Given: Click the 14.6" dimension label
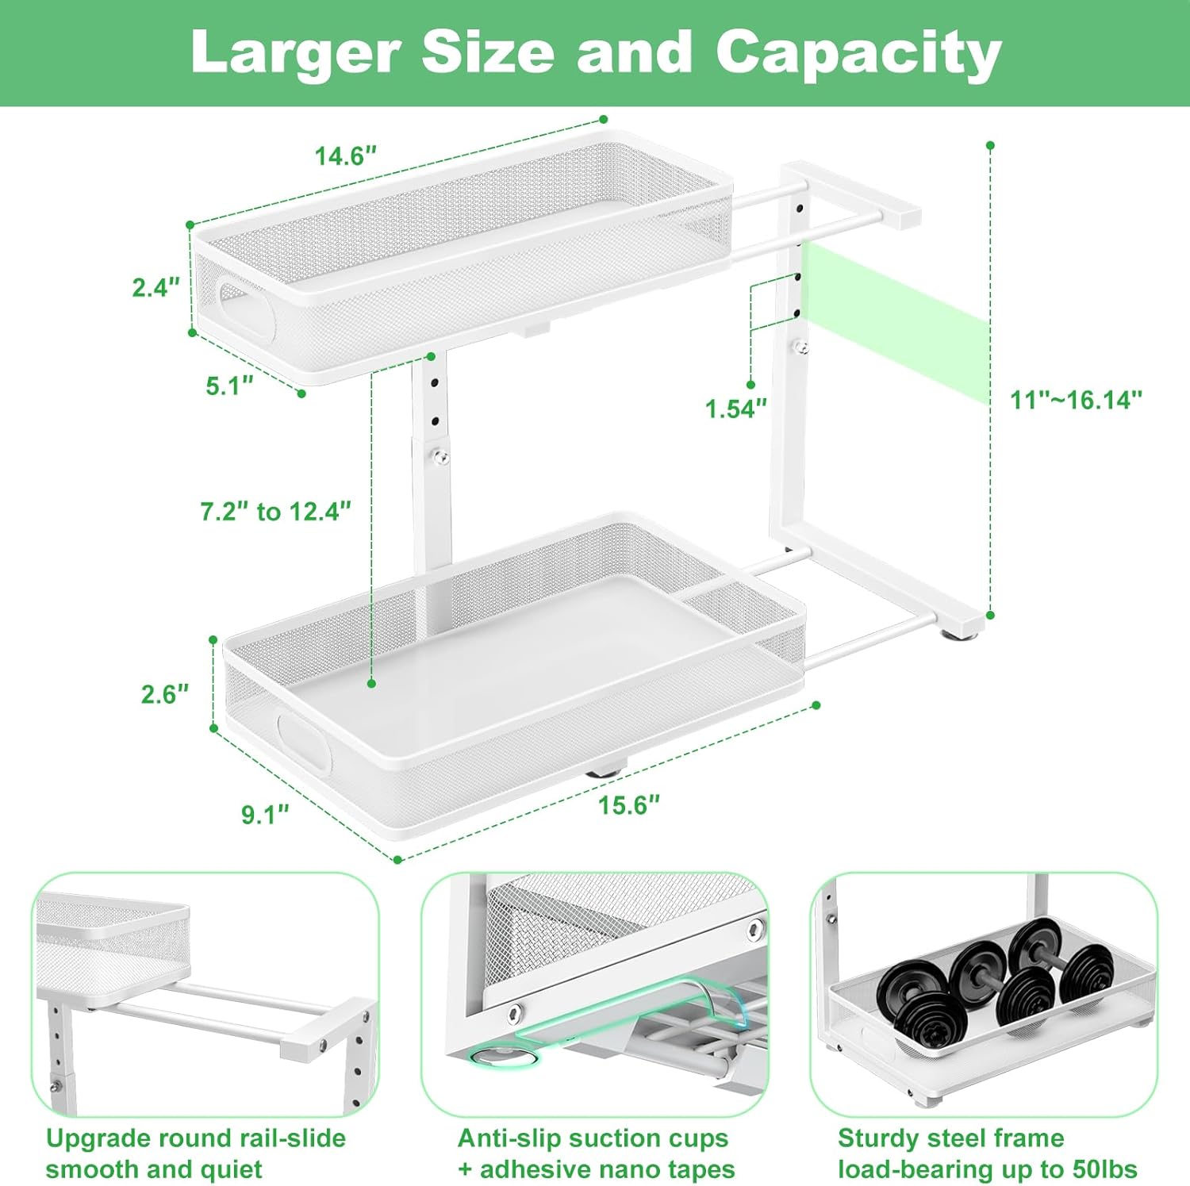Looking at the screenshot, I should pyautogui.click(x=345, y=156).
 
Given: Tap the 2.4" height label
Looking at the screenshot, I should pyautogui.click(x=156, y=287).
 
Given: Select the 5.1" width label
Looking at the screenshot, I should pyautogui.click(x=229, y=386).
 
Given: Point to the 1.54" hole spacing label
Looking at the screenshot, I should pyautogui.click(x=735, y=409).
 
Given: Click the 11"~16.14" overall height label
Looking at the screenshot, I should pyautogui.click(x=1075, y=400).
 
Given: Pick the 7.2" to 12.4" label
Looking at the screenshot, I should pyautogui.click(x=275, y=512).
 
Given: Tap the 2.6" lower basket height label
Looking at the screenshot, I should pyautogui.click(x=165, y=694).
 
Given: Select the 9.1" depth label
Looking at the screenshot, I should pyautogui.click(x=265, y=815).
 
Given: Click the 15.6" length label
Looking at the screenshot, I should pyautogui.click(x=628, y=806).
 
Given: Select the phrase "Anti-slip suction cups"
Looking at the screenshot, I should pyautogui.click(x=593, y=1138).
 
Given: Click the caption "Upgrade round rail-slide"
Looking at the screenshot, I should pyautogui.click(x=196, y=1138).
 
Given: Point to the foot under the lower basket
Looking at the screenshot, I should pyautogui.click(x=605, y=767).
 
